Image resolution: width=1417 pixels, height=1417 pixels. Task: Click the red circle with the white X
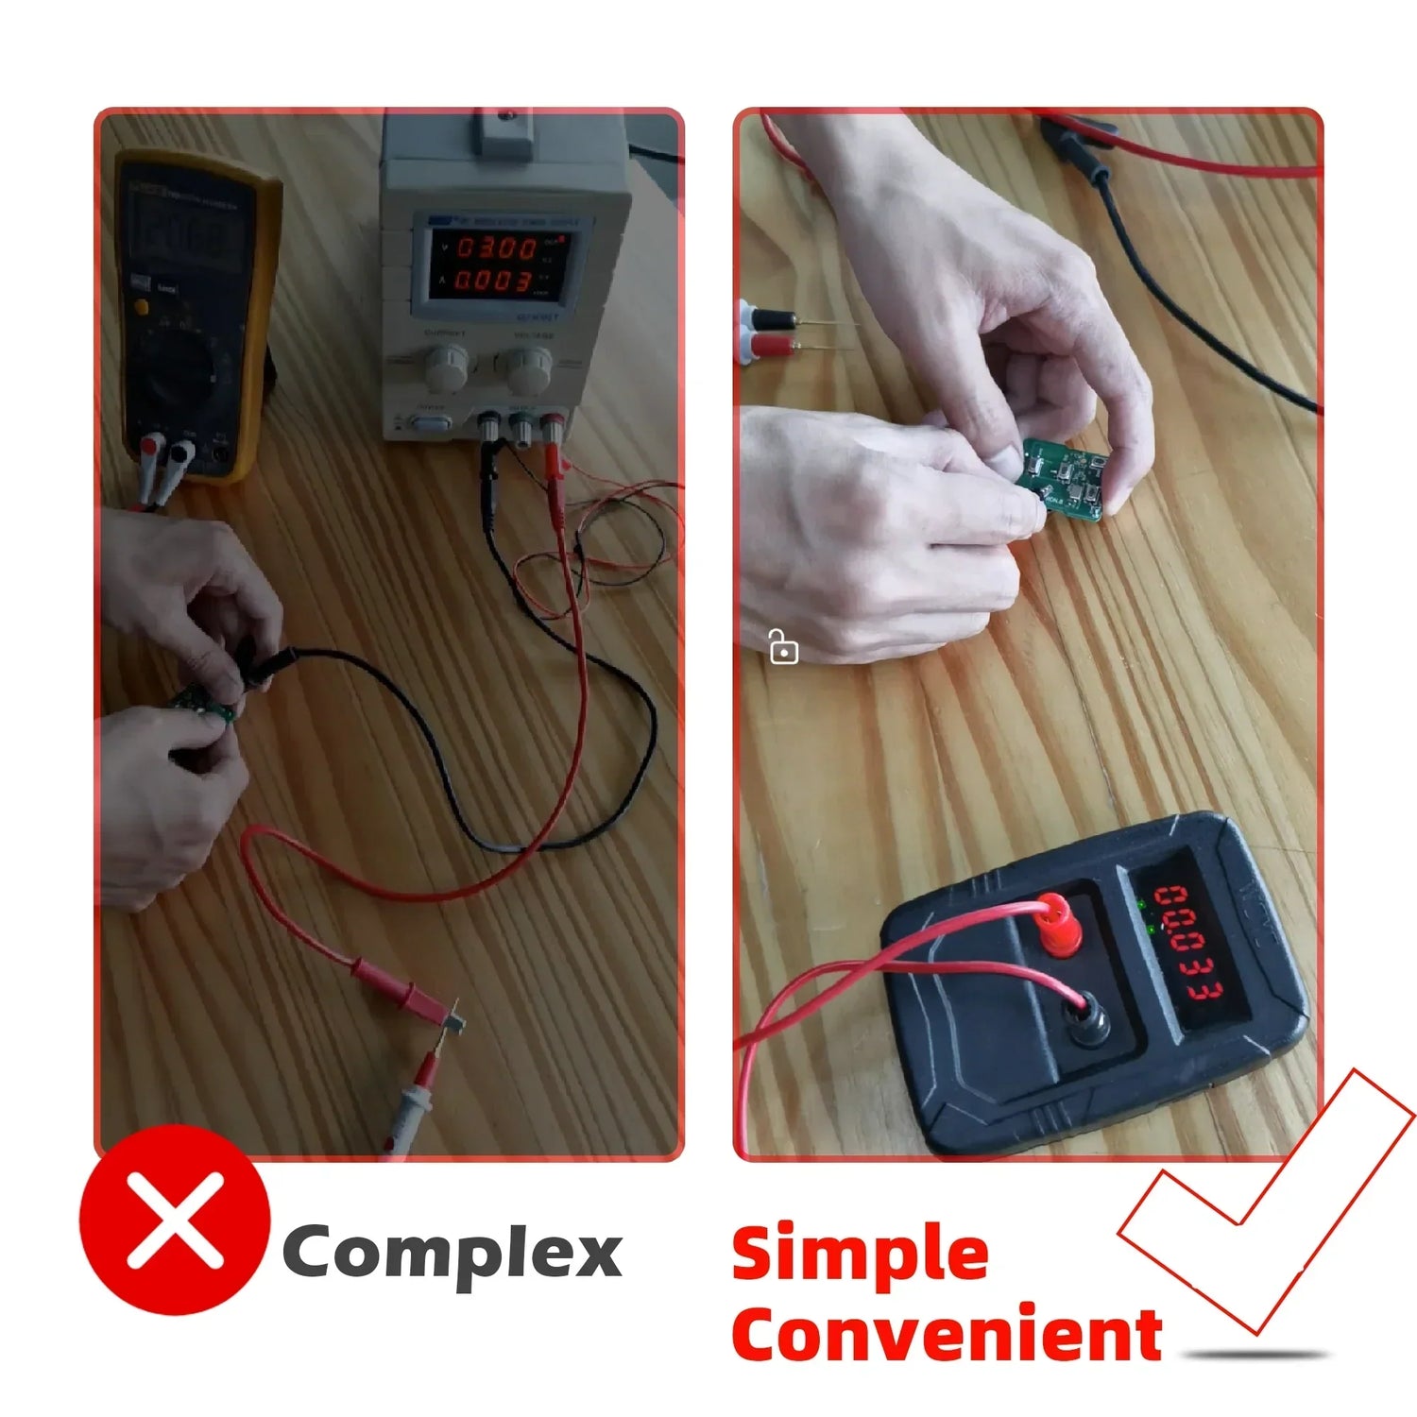click(x=175, y=1220)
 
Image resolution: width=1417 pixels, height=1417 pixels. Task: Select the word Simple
click(x=860, y=1254)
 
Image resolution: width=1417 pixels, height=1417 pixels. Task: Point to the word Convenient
click(x=947, y=1335)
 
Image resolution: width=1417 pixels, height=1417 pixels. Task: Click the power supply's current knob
click(x=445, y=367)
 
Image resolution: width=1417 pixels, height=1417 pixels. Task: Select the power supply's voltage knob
click(x=529, y=369)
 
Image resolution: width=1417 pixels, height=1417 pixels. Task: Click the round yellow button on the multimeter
click(x=141, y=307)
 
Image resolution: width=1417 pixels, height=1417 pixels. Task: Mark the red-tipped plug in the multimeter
click(x=150, y=452)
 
